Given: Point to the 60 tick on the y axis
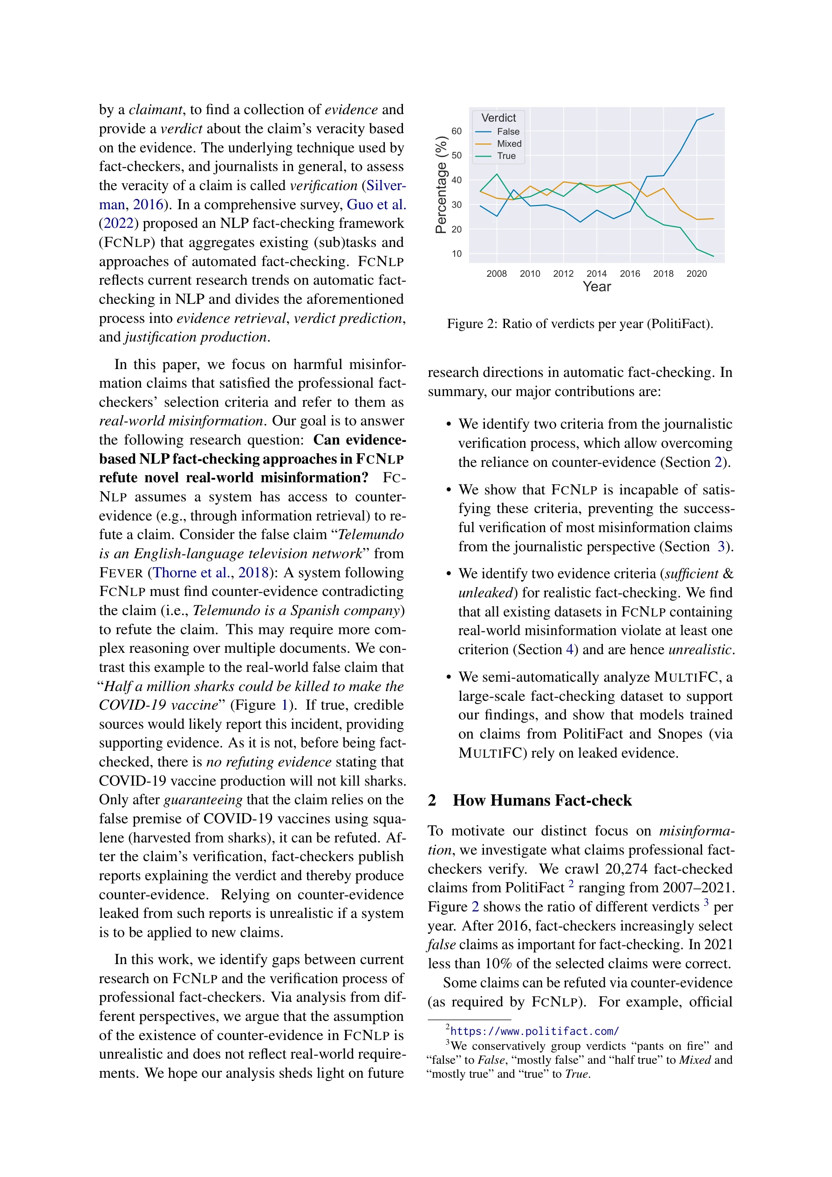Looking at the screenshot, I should (456, 131).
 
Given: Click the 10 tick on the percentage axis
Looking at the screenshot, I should (456, 254).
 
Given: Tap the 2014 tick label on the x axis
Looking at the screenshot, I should (596, 274).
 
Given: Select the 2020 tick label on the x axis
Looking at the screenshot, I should (696, 274).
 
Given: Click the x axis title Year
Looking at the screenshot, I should (597, 287).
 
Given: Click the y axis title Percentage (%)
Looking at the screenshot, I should (440, 185).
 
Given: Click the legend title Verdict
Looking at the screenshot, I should (498, 118).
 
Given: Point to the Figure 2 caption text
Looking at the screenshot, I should (580, 324).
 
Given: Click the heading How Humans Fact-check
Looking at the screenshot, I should (542, 800).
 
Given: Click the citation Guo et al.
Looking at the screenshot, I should (376, 205).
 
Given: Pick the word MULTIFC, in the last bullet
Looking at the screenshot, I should (688, 677).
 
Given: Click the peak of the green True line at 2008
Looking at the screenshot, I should (496, 175).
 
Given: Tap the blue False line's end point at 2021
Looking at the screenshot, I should (713, 114).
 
